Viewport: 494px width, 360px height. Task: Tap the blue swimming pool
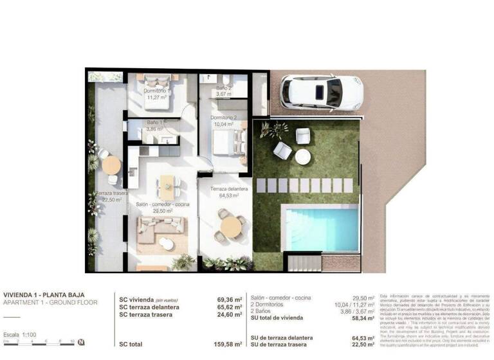[x=322, y=228]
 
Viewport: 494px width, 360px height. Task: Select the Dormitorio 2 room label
[x=224, y=122]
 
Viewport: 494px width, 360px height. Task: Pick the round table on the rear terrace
[x=111, y=165]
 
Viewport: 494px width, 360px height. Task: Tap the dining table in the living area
[x=167, y=186]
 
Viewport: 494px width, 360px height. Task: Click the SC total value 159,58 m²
[x=229, y=345]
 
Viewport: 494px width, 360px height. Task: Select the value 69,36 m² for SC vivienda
[x=229, y=300]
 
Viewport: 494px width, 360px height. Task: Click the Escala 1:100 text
[x=20, y=335]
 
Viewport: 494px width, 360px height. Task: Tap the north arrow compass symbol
[x=80, y=342]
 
